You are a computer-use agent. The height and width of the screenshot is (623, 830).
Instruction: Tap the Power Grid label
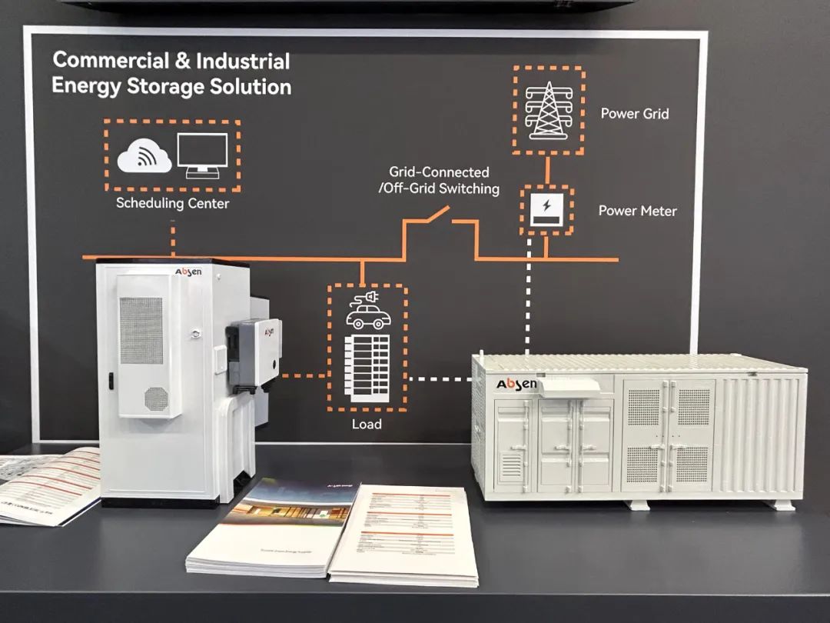click(635, 114)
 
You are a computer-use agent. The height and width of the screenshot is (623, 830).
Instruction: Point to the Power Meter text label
click(637, 211)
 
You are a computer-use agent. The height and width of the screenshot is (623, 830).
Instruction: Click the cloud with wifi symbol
click(144, 157)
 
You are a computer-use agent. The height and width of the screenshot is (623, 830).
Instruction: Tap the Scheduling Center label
click(172, 204)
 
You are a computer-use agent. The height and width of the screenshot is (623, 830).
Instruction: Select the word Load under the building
click(367, 424)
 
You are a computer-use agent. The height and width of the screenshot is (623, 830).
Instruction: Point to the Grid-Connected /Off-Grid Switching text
click(439, 181)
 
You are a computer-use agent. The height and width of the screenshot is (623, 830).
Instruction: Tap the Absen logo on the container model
click(515, 383)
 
